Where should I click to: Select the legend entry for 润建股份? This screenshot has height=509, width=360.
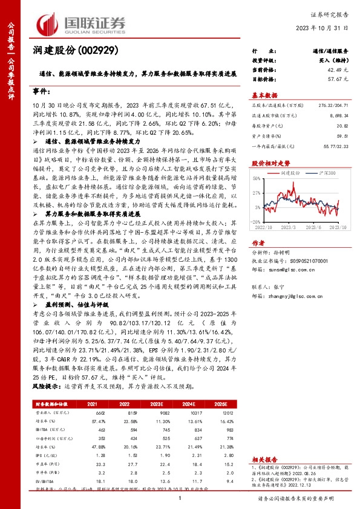[x=292, y=172]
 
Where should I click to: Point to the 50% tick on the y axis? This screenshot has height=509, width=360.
[x=257, y=178]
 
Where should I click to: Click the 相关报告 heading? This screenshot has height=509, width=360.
[x=263, y=459]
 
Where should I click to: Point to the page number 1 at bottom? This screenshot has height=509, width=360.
[x=180, y=498]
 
